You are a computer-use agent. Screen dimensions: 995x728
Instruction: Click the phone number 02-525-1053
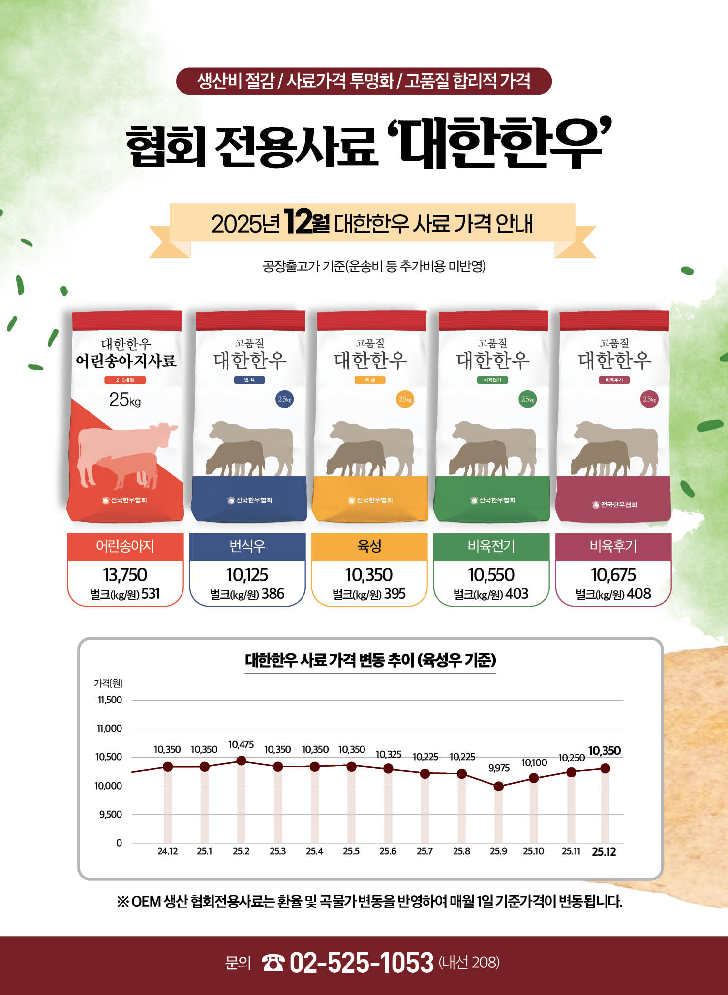click(362, 963)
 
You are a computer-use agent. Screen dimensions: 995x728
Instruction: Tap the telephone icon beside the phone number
click(273, 963)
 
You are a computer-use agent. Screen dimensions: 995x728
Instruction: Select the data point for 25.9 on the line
click(498, 787)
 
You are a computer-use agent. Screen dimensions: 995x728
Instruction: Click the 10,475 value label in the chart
click(241, 745)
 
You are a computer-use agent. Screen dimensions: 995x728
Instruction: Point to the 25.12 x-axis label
click(604, 852)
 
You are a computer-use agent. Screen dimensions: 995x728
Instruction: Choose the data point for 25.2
click(241, 761)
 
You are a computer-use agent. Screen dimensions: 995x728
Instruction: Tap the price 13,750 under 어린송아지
click(125, 574)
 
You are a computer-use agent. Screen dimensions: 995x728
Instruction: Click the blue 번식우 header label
click(247, 546)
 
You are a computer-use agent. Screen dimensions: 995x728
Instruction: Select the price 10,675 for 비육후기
click(613, 574)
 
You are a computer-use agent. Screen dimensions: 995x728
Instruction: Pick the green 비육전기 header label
click(491, 546)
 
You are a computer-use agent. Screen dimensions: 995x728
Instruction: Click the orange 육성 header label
click(369, 546)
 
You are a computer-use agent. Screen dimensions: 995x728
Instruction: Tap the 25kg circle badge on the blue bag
click(284, 399)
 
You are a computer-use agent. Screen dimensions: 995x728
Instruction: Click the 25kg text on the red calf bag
click(125, 400)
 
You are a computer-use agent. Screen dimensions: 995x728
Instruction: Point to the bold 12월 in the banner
click(306, 223)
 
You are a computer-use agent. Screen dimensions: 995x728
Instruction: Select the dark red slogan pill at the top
click(364, 81)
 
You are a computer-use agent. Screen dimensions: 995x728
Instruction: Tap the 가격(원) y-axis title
click(108, 683)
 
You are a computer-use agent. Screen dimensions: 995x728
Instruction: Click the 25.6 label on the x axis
click(388, 851)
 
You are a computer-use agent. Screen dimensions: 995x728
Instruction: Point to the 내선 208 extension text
click(469, 962)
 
